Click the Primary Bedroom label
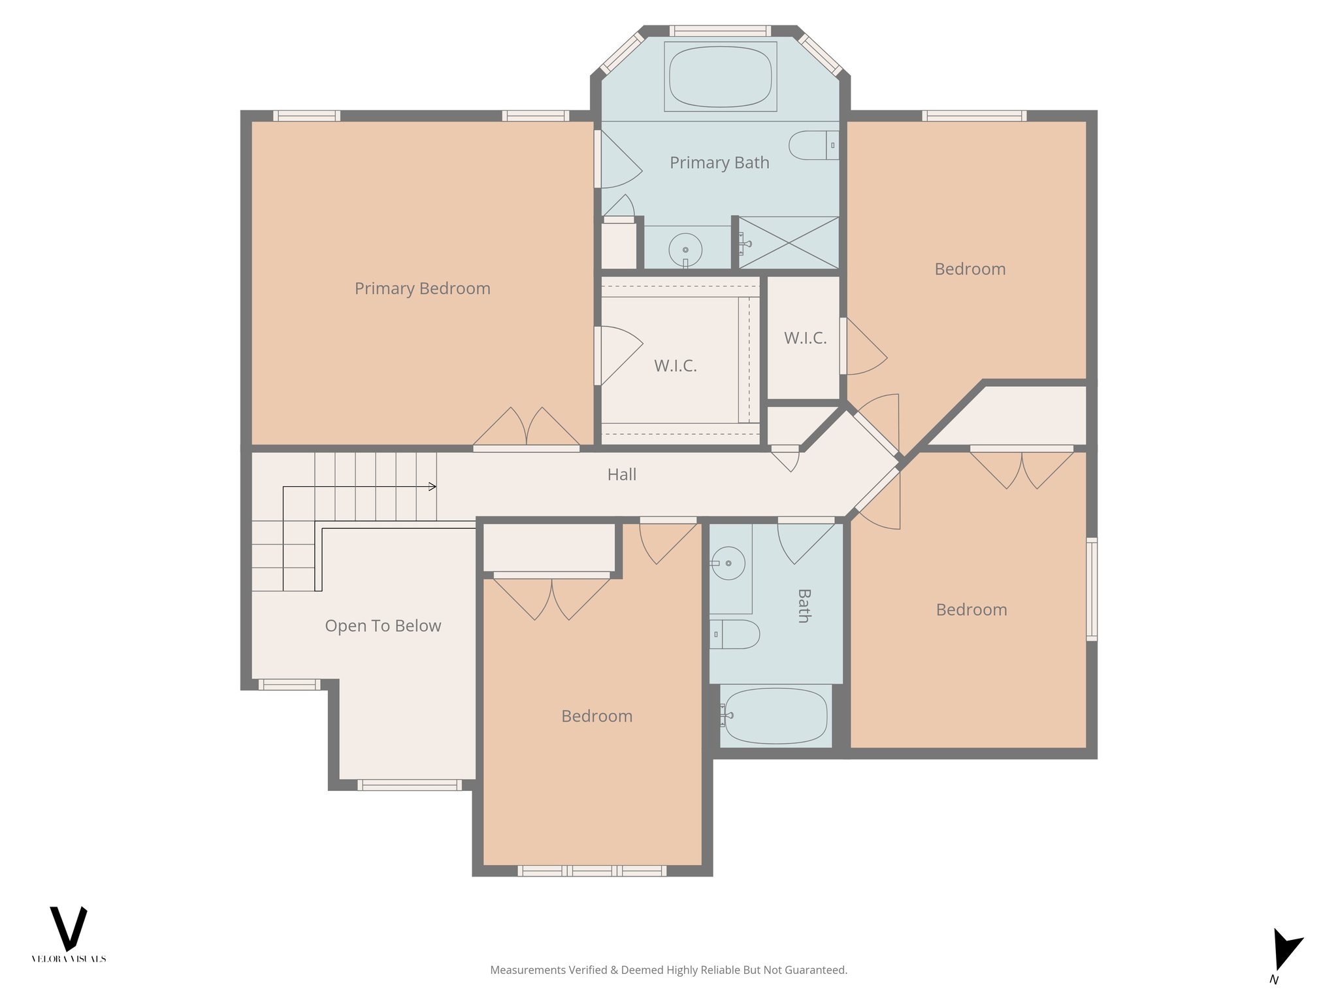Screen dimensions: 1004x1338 (x=422, y=288)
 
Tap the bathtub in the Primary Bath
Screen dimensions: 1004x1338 (x=720, y=76)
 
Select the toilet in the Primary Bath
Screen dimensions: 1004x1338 (x=813, y=145)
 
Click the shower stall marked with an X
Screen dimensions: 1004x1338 (x=789, y=243)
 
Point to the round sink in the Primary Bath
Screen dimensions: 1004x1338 (x=685, y=249)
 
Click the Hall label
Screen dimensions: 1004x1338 (x=621, y=475)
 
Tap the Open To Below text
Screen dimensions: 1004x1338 (x=383, y=626)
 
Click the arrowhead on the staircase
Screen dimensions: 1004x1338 (x=432, y=486)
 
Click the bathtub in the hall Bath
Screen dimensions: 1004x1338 (x=775, y=716)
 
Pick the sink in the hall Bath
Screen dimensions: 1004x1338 (x=727, y=563)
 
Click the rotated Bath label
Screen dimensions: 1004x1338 (x=804, y=606)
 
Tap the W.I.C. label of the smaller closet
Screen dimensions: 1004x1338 (x=805, y=338)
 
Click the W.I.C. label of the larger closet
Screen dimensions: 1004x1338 (x=676, y=366)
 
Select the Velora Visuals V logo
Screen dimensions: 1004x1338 (x=69, y=928)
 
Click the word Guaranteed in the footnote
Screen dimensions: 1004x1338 (x=817, y=970)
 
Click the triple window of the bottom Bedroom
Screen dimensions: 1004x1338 (x=592, y=871)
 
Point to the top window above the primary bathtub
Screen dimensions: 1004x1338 (x=720, y=31)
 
